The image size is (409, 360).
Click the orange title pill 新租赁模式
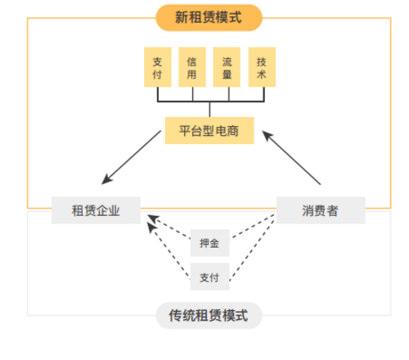tap(209, 18)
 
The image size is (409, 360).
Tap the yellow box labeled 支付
tap(158, 67)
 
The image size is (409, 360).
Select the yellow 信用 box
tap(192, 67)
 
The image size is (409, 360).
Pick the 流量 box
tap(227, 67)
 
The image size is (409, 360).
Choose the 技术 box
tap(262, 67)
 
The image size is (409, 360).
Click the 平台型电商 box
tap(209, 130)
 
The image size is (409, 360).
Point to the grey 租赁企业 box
tap(96, 210)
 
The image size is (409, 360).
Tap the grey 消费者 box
tap(321, 210)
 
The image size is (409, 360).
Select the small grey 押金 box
tap(209, 243)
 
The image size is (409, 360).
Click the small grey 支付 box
tap(209, 277)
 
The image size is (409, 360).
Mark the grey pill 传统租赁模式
tap(209, 316)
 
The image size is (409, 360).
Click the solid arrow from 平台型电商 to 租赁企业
tap(131, 157)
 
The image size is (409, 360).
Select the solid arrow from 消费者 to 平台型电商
tap(291, 158)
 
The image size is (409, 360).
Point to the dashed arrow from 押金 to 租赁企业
tap(169, 227)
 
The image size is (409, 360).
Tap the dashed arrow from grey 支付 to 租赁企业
tap(169, 250)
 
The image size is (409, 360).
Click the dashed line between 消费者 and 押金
tap(253, 226)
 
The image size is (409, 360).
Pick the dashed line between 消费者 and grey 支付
tap(252, 250)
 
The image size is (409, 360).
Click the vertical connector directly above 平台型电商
tap(209, 110)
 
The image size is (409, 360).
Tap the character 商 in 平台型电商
tap(233, 131)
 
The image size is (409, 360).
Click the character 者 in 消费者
tap(333, 210)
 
